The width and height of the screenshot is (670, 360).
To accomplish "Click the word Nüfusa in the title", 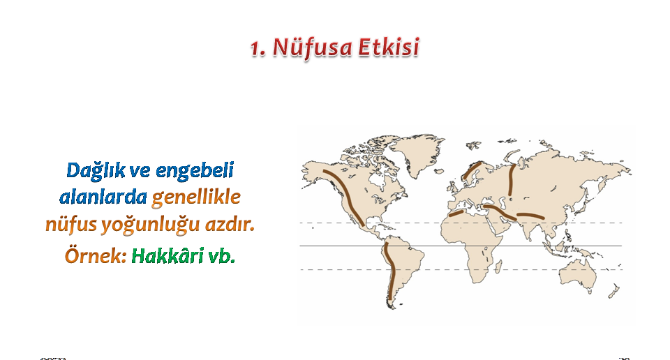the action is (312, 47).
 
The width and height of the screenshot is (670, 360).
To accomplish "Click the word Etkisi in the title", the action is (389, 47).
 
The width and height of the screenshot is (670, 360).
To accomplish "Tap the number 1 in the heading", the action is (258, 48).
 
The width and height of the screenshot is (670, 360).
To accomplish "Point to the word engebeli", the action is (195, 171).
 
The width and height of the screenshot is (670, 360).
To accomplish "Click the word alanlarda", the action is (103, 197).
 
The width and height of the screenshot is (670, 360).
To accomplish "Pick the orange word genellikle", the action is (196, 197).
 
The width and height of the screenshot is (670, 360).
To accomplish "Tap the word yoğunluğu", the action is (151, 225).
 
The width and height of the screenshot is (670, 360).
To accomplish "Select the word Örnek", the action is (96, 255).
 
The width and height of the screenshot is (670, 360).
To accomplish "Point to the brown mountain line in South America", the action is (389, 271).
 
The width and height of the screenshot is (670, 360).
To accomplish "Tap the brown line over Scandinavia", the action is (472, 171).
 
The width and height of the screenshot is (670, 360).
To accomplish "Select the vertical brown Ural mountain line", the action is (512, 180).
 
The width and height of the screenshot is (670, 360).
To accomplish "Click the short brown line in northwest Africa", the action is (456, 213).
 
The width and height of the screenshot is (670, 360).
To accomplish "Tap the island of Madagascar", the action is (498, 267).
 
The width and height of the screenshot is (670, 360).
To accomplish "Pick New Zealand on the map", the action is (614, 291).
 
